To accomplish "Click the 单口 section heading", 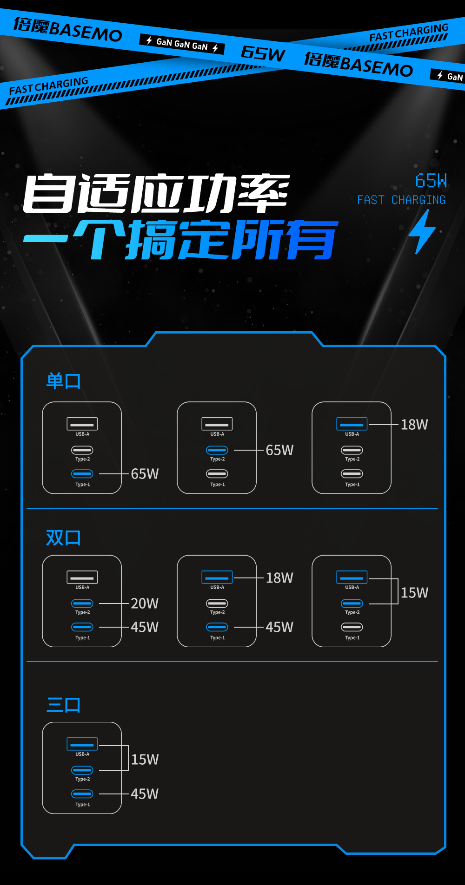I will pos(64,381).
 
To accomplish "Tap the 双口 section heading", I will pos(64,538).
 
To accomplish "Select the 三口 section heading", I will pos(64,705).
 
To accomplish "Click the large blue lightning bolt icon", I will pos(422,232).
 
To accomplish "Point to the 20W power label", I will pos(145,603).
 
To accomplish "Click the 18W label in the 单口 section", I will pos(414,425).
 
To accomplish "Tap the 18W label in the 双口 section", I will pos(279,578).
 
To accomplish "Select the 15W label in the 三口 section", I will pos(145,760).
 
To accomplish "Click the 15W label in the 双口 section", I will pos(414,593).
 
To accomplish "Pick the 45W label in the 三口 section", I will pos(145,794).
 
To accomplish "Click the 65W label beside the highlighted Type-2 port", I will pos(279,450).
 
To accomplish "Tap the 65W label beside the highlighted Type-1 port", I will pos(145,474).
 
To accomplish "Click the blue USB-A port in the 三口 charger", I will pos(82,744).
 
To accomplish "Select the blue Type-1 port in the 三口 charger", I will pos(82,794).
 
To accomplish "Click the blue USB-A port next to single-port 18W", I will pos(352,424).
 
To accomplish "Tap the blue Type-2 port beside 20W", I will pos(82,603).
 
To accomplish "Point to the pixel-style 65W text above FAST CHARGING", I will pos(431,181).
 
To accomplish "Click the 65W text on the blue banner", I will pos(263,53).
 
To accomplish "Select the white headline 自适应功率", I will pos(156,193).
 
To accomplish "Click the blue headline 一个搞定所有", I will pos(181,239).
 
